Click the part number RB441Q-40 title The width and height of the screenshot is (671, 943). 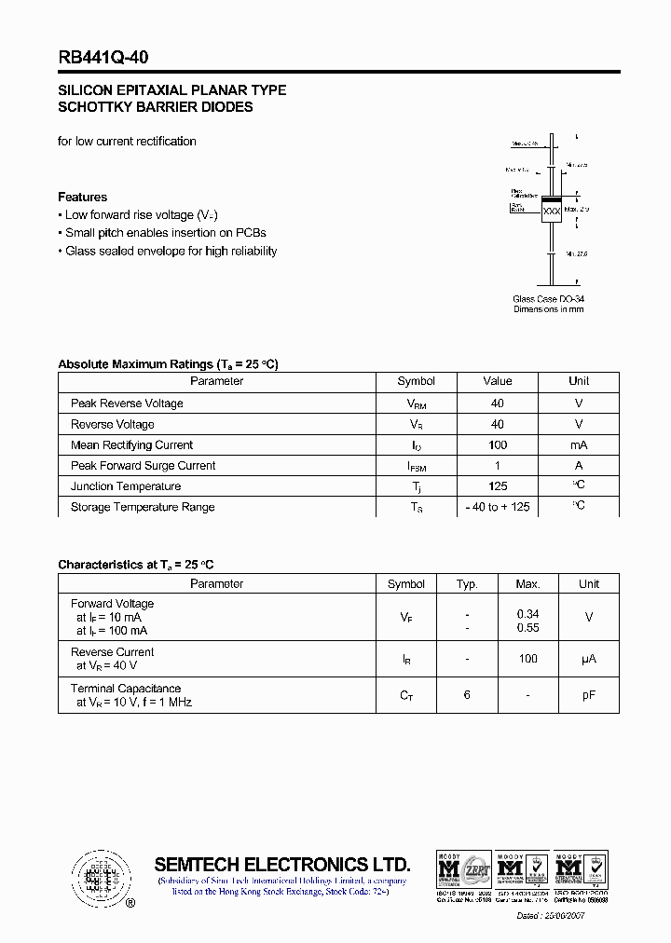(103, 57)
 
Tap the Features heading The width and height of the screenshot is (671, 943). (82, 197)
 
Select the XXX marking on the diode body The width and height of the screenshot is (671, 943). (552, 212)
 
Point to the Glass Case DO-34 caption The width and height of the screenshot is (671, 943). (548, 299)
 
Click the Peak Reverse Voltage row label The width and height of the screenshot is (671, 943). (127, 403)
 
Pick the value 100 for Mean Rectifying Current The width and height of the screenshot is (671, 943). (498, 445)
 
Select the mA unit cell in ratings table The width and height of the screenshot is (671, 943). (579, 445)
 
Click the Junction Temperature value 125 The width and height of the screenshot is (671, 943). (498, 486)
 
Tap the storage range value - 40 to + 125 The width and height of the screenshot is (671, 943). (498, 507)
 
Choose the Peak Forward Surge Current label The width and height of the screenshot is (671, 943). (143, 466)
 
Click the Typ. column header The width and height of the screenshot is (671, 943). (467, 584)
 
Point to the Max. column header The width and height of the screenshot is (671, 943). (527, 584)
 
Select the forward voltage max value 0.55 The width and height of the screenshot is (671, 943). (527, 629)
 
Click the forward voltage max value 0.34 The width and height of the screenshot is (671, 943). (527, 615)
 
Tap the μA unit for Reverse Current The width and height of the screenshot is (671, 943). (588, 659)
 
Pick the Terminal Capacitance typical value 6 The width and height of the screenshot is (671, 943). (467, 695)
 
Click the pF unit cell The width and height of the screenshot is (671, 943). (588, 695)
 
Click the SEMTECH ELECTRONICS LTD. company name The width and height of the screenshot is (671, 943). (281, 864)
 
